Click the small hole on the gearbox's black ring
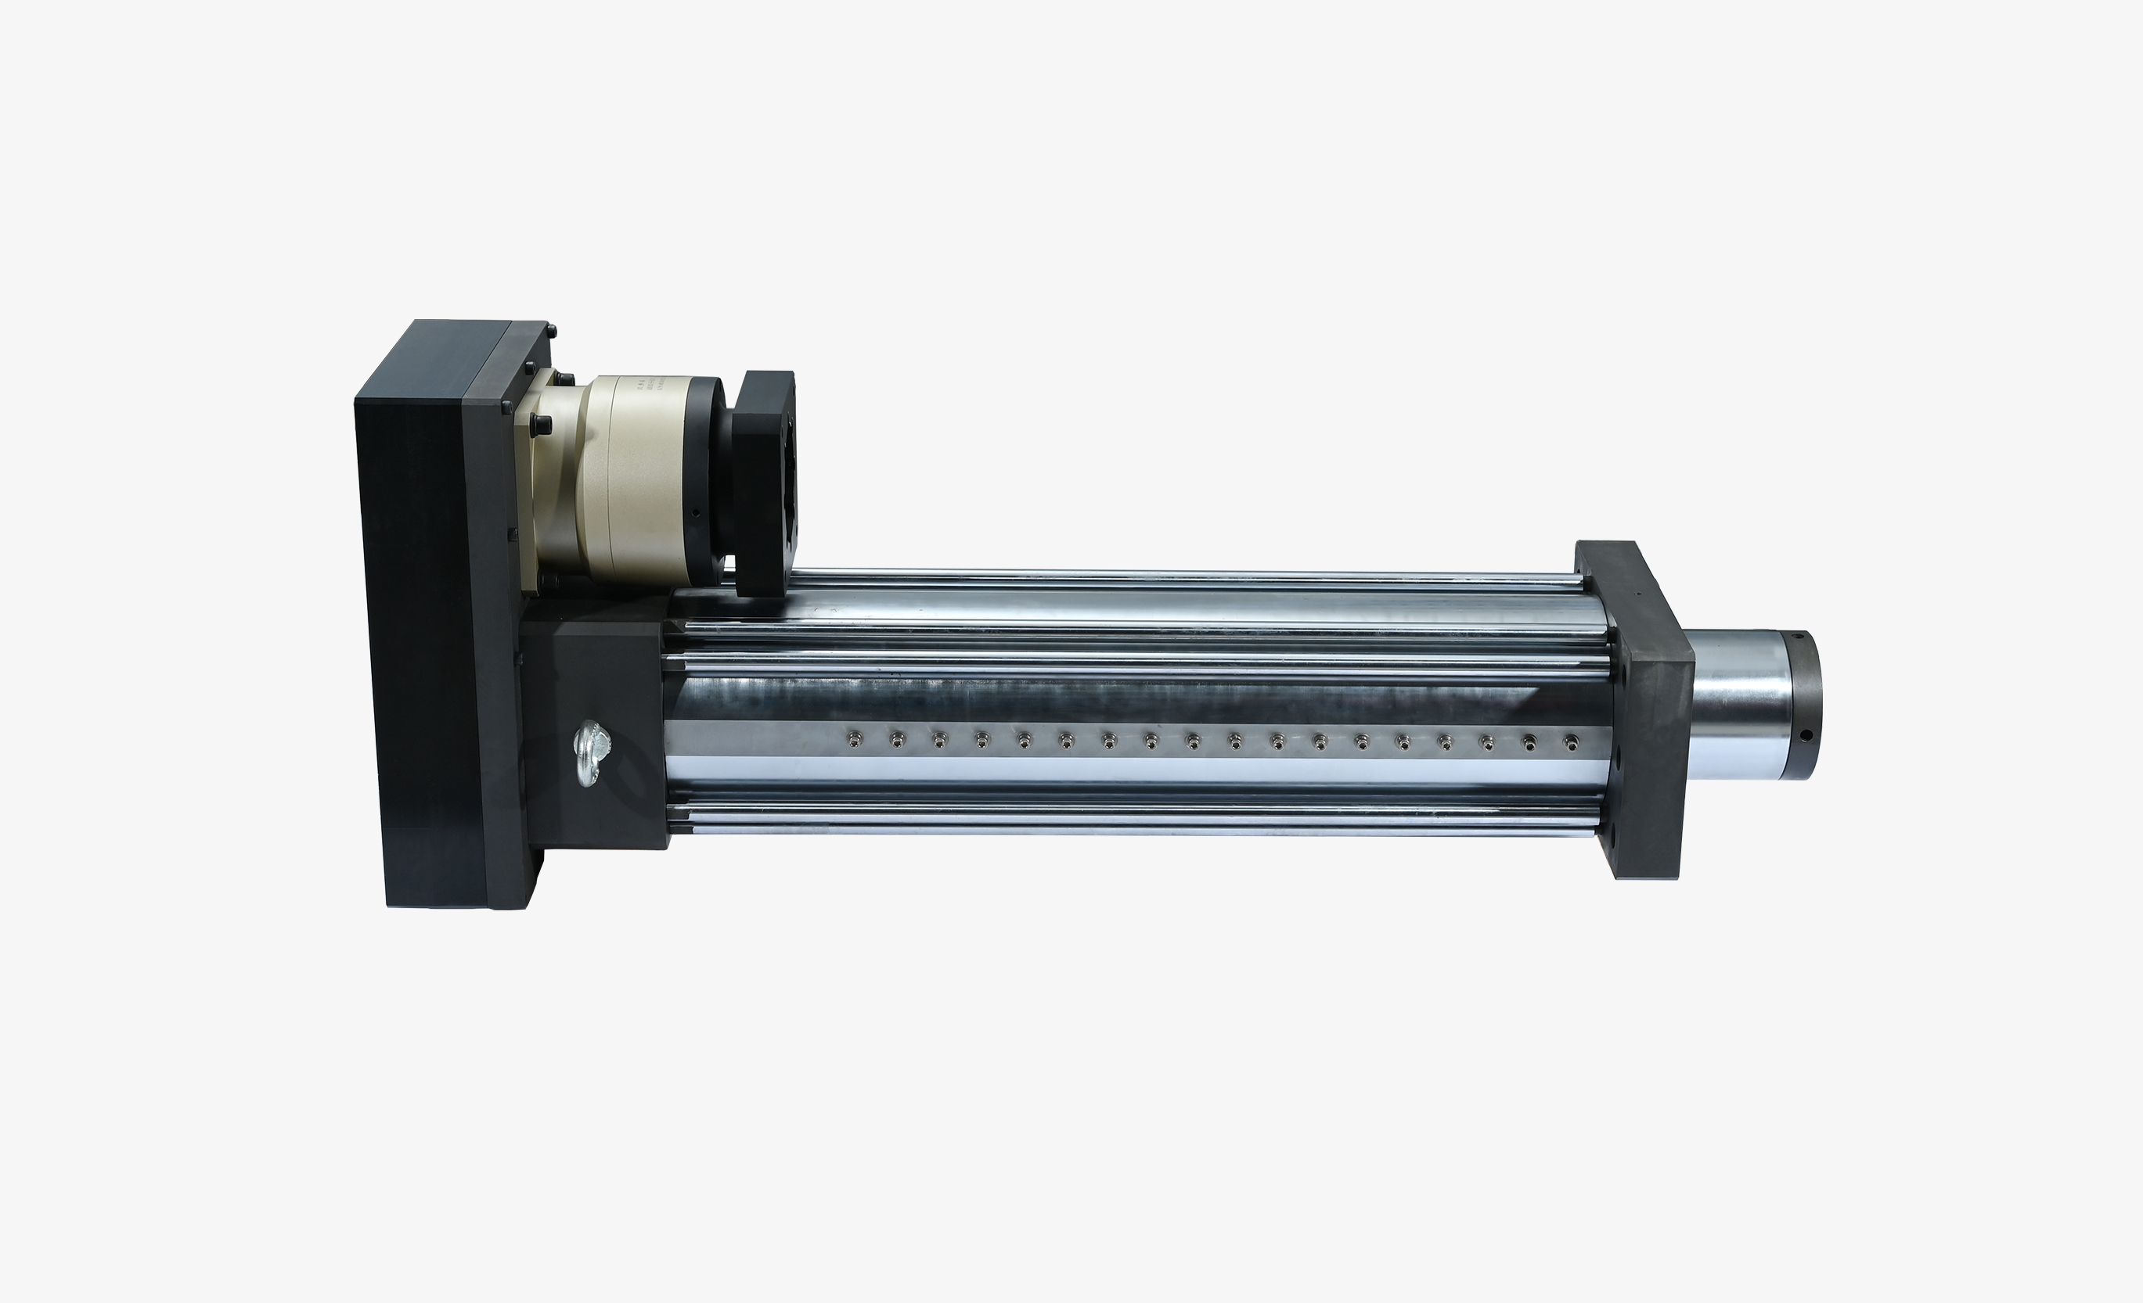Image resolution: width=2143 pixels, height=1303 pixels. (696, 514)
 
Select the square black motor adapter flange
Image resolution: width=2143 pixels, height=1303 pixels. (764, 483)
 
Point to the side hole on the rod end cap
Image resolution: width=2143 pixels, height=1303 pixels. (1806, 734)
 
